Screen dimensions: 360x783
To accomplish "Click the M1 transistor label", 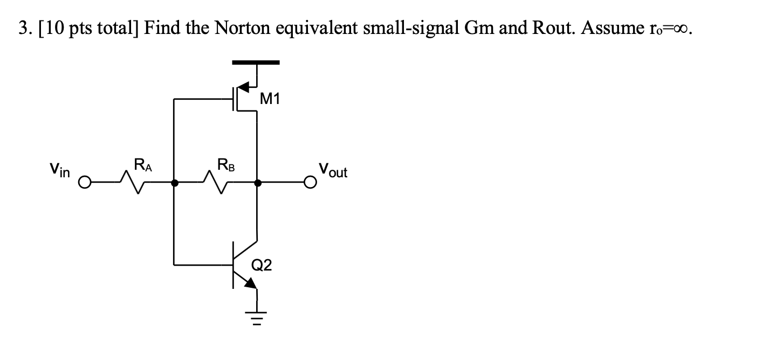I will click(270, 99).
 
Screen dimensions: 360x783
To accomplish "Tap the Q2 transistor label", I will click(262, 265).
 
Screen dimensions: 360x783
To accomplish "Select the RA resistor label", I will click(143, 164).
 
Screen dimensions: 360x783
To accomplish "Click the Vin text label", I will click(60, 171).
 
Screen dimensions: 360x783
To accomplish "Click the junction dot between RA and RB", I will click(174, 184).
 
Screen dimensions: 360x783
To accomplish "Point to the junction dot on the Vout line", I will click(258, 184).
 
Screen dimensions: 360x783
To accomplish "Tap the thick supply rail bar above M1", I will click(256, 63).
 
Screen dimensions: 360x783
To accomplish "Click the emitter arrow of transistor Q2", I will click(251, 283).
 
